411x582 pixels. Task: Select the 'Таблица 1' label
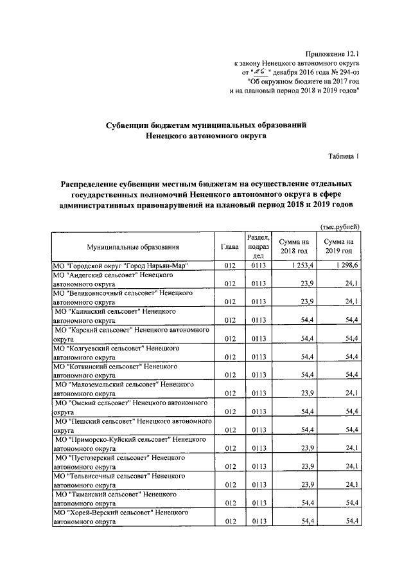coord(344,156)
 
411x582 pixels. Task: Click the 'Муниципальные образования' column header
coord(133,246)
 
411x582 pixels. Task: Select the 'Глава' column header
coord(229,246)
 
